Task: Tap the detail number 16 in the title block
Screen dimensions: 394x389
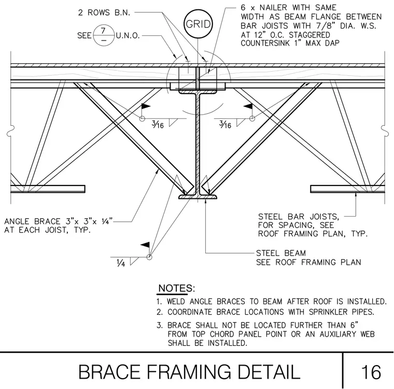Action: pyautogui.click(x=371, y=372)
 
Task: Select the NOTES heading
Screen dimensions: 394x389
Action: pyautogui.click(x=176, y=288)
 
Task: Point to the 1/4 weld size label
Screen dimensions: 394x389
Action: pyautogui.click(x=121, y=263)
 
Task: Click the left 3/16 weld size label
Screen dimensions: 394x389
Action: pyautogui.click(x=158, y=124)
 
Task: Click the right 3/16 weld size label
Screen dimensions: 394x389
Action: pyautogui.click(x=225, y=124)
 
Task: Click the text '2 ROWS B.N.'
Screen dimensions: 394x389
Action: pyautogui.click(x=104, y=12)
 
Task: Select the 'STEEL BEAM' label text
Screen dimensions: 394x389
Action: pyautogui.click(x=281, y=253)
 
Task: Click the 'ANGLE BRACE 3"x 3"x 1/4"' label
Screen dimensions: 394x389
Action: pyautogui.click(x=58, y=221)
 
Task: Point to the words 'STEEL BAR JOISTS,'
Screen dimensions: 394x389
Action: pyautogui.click(x=299, y=217)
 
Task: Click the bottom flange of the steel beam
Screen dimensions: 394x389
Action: pyautogui.click(x=198, y=197)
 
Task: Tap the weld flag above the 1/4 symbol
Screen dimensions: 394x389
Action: pyautogui.click(x=146, y=245)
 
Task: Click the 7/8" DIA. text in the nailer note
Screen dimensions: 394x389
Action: pyautogui.click(x=336, y=26)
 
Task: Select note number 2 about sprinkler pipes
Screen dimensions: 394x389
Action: pyautogui.click(x=265, y=312)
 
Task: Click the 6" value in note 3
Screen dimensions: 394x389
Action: pyautogui.click(x=354, y=325)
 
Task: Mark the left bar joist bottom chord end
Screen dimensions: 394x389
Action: pyautogui.click(x=85, y=189)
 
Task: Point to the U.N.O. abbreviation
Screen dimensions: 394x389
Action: pyautogui.click(x=128, y=36)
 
